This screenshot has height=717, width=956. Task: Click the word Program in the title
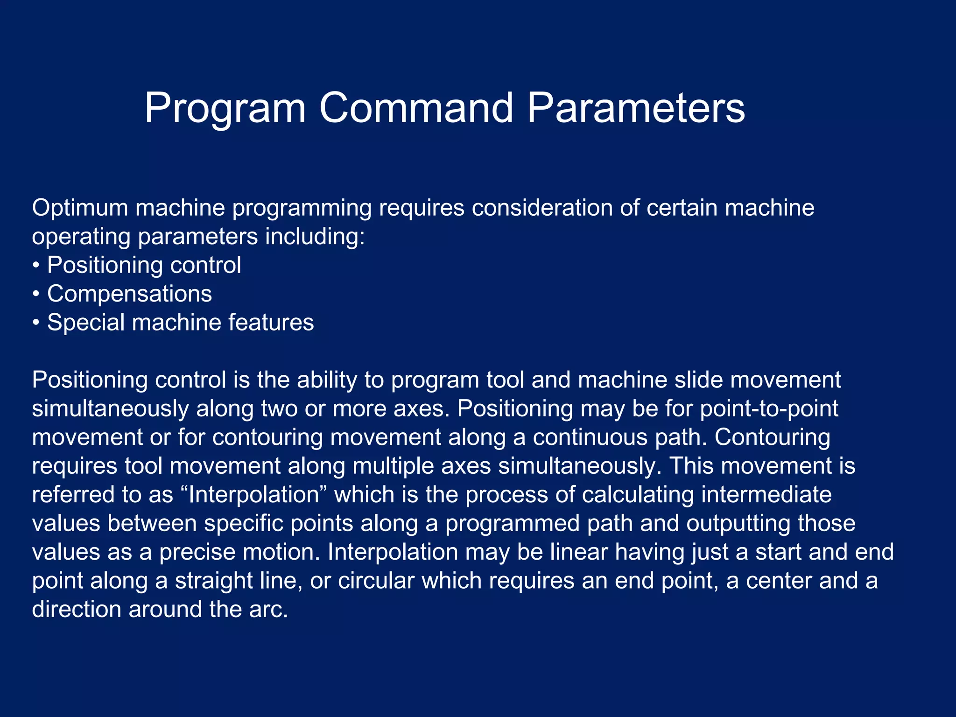click(x=225, y=108)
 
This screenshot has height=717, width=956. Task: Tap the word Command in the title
click(x=416, y=108)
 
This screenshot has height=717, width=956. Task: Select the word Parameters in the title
click(x=636, y=108)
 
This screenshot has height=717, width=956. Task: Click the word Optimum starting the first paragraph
click(x=80, y=208)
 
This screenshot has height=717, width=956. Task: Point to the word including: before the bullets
click(x=315, y=237)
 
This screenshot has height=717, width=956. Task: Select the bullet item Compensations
click(x=129, y=294)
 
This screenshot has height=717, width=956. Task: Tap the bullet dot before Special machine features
click(x=36, y=323)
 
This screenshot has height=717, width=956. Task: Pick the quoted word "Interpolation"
click(x=253, y=495)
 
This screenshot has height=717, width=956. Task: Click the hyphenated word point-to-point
click(x=769, y=408)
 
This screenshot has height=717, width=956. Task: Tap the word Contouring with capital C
click(x=772, y=437)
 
